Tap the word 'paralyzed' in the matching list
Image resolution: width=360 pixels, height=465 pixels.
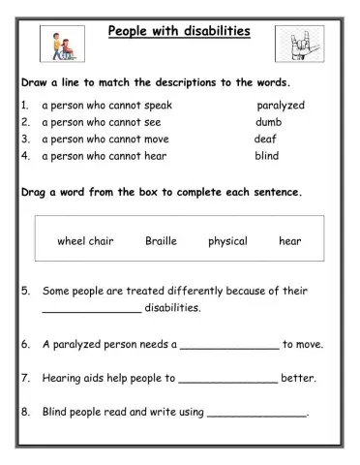pos(281,105)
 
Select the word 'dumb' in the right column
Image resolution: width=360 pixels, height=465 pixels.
pos(269,122)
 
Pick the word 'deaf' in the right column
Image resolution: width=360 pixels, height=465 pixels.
pos(265,139)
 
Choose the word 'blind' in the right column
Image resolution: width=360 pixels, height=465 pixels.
pos(267,155)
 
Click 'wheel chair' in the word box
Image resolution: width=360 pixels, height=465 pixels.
pos(85,241)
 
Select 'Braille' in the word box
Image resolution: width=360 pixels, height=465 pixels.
pos(163,241)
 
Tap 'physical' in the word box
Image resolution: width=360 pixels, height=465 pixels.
pos(227,241)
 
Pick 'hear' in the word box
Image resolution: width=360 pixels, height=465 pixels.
pos(290,241)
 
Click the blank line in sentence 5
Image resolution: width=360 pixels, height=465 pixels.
pos(91,311)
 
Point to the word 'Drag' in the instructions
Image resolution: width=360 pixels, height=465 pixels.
pos(37,192)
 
